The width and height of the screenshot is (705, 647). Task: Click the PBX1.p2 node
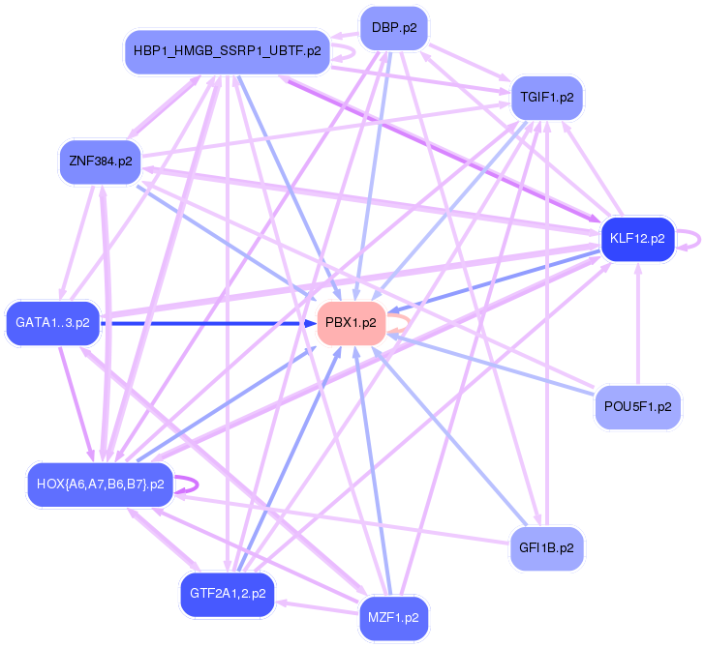pyautogui.click(x=351, y=323)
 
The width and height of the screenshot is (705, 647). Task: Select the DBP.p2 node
pyautogui.click(x=393, y=28)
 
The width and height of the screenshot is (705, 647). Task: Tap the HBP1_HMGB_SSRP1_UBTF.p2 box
pyautogui.click(x=228, y=50)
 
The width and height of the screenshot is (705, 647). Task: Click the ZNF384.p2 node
pyautogui.click(x=100, y=161)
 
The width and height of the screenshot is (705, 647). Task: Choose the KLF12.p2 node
pyautogui.click(x=636, y=237)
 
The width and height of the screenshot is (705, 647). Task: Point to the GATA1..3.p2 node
pyautogui.click(x=53, y=323)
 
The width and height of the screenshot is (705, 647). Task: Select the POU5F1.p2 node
pyautogui.click(x=636, y=407)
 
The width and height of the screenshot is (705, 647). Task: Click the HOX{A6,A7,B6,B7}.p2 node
pyautogui.click(x=100, y=483)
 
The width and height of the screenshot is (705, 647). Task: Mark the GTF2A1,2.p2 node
pyautogui.click(x=228, y=594)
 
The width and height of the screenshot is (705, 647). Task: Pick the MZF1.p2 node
pyautogui.click(x=393, y=616)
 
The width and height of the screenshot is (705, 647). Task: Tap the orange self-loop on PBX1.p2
pyautogui.click(x=400, y=324)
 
